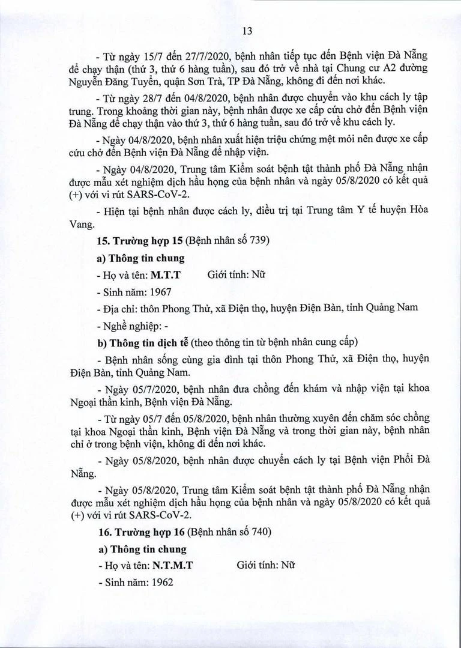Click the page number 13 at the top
[230, 32]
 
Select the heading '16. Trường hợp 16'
[139, 532]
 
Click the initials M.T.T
[166, 274]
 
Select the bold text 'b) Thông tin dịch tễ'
[143, 344]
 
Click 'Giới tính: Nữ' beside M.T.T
[236, 274]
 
